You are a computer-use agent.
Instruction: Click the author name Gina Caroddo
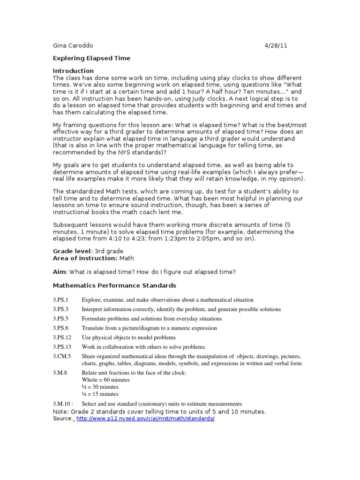click(x=73, y=45)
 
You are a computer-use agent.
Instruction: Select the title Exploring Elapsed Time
click(x=91, y=58)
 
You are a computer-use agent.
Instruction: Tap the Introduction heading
click(x=73, y=71)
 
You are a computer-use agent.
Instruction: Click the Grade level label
click(x=72, y=251)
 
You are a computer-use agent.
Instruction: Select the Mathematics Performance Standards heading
click(x=114, y=285)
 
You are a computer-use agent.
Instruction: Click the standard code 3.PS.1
click(x=61, y=300)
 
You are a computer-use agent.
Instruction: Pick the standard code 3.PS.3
click(x=61, y=309)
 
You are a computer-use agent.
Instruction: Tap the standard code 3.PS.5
click(x=61, y=319)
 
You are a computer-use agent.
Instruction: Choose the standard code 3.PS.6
click(x=61, y=328)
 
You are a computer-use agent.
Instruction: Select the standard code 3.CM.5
click(x=62, y=357)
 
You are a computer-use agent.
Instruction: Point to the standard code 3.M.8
click(x=60, y=373)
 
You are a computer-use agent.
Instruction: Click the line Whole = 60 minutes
click(x=105, y=380)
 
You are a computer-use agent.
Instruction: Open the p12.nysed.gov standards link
click(x=145, y=418)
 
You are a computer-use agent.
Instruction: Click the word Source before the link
click(x=62, y=418)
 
